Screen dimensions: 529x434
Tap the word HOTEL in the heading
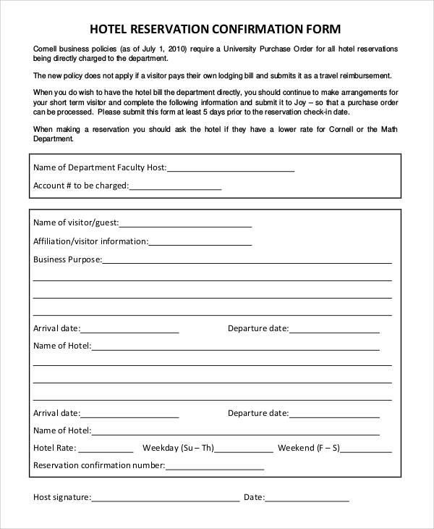tap(109, 30)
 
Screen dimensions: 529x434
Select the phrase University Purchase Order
tap(268, 49)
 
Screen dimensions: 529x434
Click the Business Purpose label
tap(67, 259)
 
